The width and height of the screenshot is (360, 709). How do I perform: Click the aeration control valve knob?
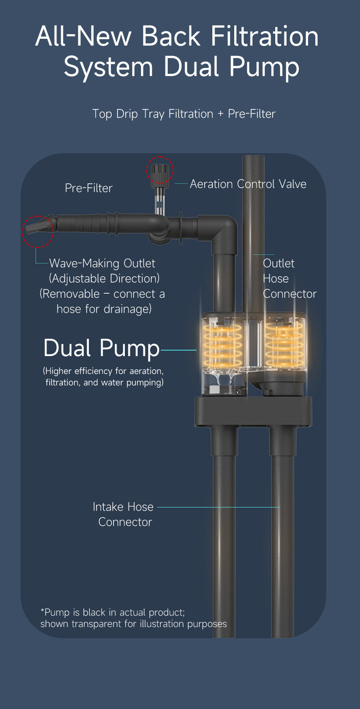(159, 174)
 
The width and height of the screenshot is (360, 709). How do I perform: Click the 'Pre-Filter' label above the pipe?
(88, 188)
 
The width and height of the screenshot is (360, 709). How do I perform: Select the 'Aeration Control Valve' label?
(248, 184)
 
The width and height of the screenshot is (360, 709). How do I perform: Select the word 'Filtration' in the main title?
(264, 36)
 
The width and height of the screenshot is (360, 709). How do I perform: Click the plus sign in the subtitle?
(221, 114)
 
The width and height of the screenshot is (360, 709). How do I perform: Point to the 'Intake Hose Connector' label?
(123, 514)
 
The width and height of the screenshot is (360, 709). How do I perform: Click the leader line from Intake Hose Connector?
(219, 507)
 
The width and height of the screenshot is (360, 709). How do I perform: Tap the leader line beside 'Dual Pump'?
(179, 350)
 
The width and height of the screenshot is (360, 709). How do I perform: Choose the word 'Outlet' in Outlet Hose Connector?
(278, 264)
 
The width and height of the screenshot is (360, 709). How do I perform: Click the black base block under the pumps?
(253, 411)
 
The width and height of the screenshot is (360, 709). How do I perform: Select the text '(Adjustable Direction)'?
(104, 279)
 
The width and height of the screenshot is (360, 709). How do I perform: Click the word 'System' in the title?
(108, 67)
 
